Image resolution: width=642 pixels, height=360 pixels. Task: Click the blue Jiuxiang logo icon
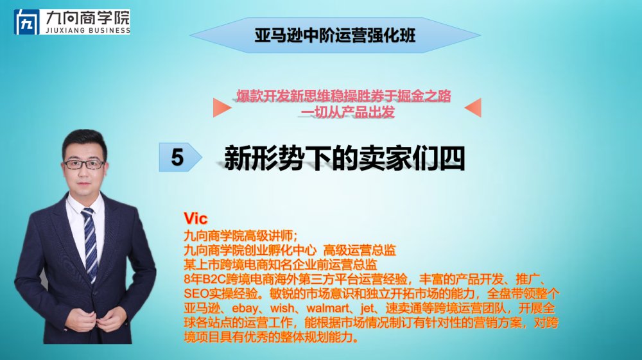point(26,22)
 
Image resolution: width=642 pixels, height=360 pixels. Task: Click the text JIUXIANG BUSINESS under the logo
point(87,30)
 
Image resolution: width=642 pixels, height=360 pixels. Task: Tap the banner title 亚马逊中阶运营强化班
point(335,35)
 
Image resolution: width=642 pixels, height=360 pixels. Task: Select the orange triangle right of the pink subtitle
point(473,107)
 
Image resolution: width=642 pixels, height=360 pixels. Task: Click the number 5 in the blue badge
point(177,157)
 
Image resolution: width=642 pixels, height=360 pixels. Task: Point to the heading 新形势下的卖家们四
point(344,158)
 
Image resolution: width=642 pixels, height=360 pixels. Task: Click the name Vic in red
point(196,218)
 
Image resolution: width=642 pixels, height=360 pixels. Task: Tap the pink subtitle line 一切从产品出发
point(347,112)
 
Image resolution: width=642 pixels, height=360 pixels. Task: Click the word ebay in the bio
point(245,308)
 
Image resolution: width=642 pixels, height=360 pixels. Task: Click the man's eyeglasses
point(84,164)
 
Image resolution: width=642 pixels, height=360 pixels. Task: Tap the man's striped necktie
point(91,244)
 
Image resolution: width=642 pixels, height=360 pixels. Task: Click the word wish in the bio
point(282,307)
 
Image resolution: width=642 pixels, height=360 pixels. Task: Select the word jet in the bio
point(367,307)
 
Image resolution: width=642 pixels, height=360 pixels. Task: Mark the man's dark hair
point(85,141)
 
